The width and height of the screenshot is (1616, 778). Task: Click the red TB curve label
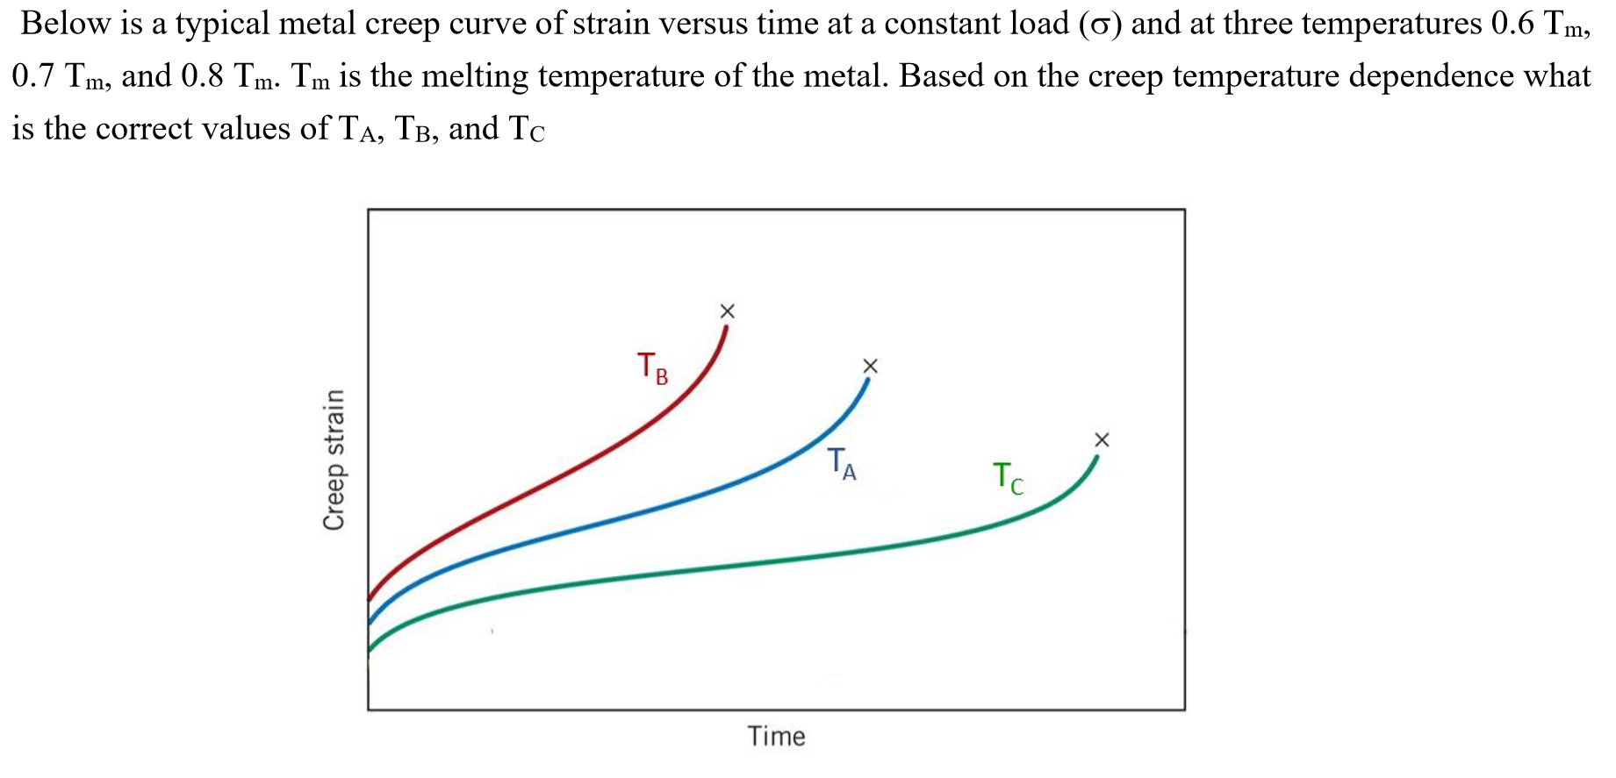[x=652, y=368]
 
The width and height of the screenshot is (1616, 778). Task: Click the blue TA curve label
[x=842, y=464]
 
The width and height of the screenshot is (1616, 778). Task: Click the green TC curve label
[x=1008, y=479]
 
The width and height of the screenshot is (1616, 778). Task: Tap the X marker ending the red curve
[x=727, y=311]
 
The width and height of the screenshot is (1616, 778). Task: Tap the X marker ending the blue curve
[x=870, y=366]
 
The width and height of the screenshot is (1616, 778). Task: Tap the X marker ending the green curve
[x=1102, y=439]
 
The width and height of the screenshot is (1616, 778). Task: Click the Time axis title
[x=776, y=736]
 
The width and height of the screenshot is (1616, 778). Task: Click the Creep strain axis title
[x=334, y=460]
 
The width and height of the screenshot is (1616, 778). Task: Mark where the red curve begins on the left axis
[x=370, y=598]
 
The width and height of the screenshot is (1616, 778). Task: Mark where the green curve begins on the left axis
[x=370, y=650]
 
